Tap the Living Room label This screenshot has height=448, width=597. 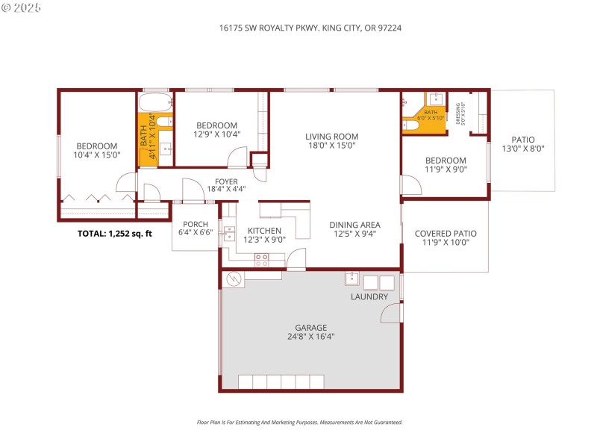(x=331, y=137)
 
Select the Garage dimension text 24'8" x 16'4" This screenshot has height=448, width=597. (x=310, y=337)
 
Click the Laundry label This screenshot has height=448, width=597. (x=369, y=296)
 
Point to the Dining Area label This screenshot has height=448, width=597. (x=355, y=225)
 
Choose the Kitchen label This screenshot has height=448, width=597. (x=264, y=231)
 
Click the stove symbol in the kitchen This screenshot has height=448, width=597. (x=261, y=259)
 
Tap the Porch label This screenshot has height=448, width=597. (x=196, y=224)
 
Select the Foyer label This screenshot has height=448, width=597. (x=226, y=181)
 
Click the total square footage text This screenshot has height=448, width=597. (x=115, y=234)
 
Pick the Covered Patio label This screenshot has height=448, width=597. (x=446, y=234)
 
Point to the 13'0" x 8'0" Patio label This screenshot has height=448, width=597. (x=522, y=140)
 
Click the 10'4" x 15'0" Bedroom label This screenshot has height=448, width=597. (x=96, y=146)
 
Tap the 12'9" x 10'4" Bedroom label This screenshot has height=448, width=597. (x=216, y=125)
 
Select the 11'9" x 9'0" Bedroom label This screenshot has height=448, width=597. (x=446, y=161)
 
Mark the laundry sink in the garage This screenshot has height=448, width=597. (x=351, y=280)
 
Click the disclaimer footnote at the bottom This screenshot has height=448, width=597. (x=299, y=422)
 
